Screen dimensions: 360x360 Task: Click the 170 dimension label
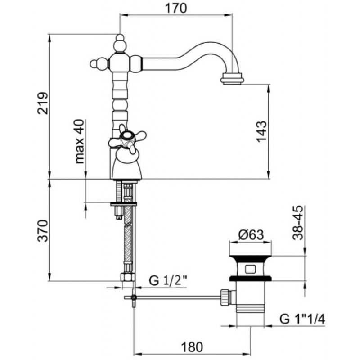pos(176,9)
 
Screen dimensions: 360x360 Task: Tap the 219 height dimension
pos(43,103)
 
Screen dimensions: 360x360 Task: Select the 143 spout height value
pos(262,131)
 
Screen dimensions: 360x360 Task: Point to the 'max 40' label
pos(80,141)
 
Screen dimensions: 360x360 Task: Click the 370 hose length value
pos(43,231)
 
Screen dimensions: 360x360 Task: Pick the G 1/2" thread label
pos(168,280)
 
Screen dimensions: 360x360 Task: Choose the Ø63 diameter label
pos(251,234)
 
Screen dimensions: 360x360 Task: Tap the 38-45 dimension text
pos(298,223)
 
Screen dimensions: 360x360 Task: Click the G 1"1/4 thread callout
pos(302,319)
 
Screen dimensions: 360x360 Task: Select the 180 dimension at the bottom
pos(192,347)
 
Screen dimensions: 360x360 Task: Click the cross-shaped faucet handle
pos(127,139)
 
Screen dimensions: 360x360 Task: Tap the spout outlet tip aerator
pos(232,79)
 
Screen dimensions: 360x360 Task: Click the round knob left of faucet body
pos(94,64)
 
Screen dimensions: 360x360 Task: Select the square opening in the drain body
pos(250,269)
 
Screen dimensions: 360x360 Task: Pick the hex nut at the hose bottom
pos(128,277)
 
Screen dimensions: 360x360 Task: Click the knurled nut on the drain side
pos(225,297)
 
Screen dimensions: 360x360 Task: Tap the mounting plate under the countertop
pos(123,204)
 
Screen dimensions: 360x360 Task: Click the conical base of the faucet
pos(126,166)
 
